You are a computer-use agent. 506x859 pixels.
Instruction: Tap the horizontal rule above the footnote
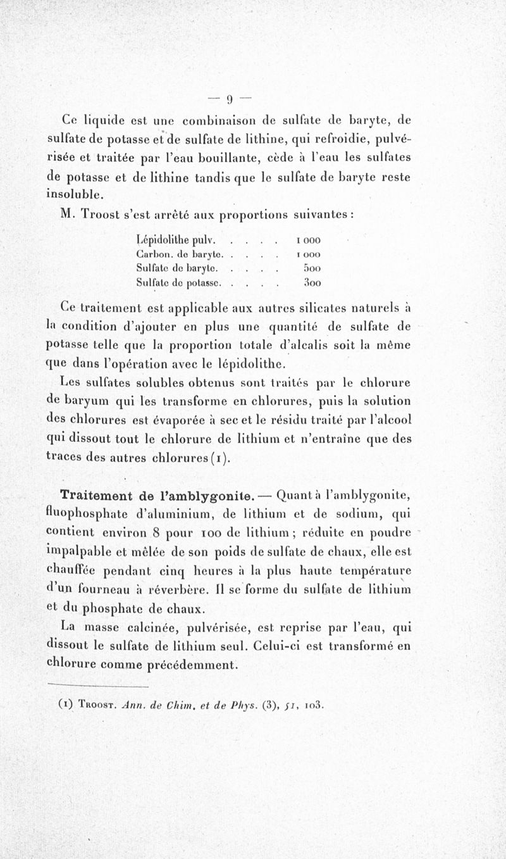click(x=98, y=685)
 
